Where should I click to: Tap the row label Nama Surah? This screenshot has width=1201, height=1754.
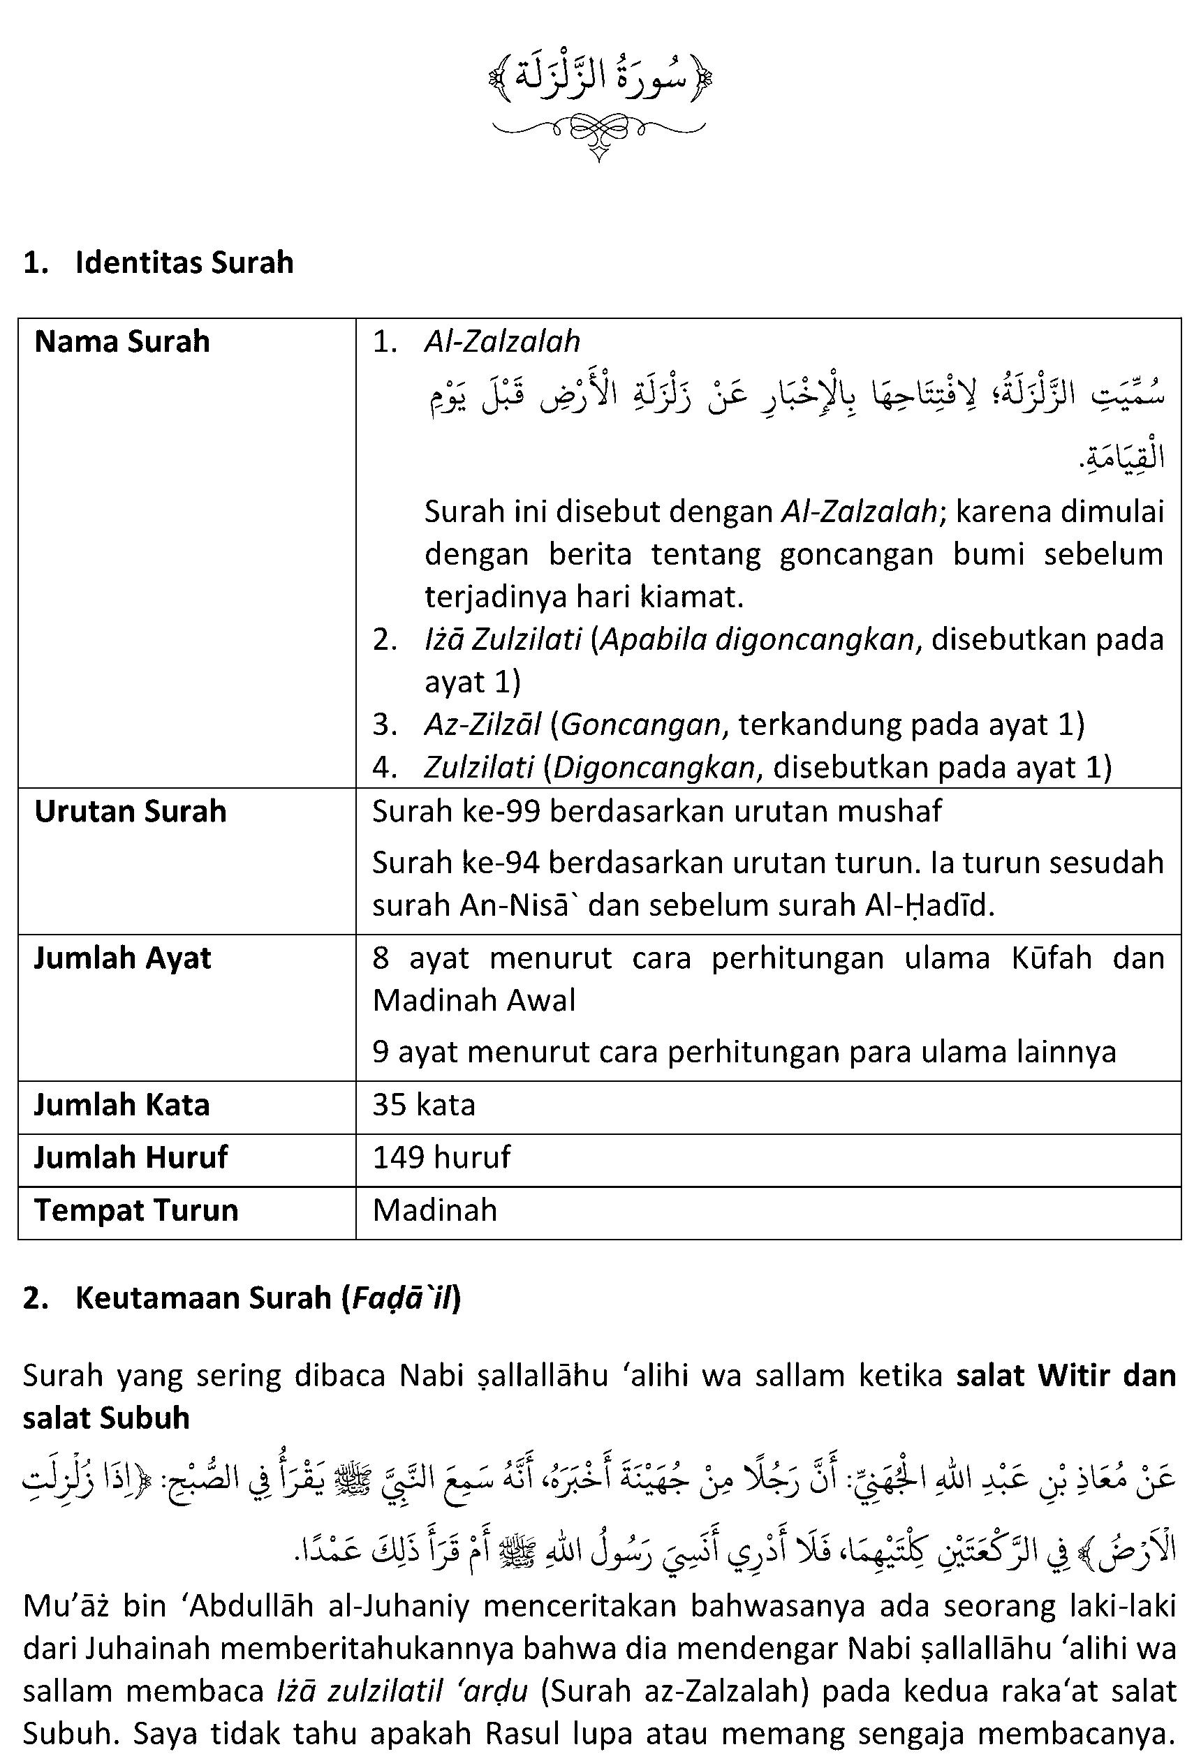(121, 342)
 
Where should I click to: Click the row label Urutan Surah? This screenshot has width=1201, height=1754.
(130, 811)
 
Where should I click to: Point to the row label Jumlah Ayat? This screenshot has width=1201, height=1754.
(122, 958)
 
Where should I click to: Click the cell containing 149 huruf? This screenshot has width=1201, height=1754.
(441, 1157)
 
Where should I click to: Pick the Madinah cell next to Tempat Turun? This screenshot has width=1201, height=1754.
(435, 1210)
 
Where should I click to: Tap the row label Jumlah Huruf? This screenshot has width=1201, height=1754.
(130, 1157)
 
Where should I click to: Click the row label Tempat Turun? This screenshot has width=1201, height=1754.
(136, 1210)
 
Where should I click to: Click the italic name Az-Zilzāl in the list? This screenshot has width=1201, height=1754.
(482, 724)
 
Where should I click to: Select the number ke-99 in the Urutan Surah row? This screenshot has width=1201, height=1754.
(499, 811)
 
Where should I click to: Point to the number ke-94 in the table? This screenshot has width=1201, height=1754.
(499, 863)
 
